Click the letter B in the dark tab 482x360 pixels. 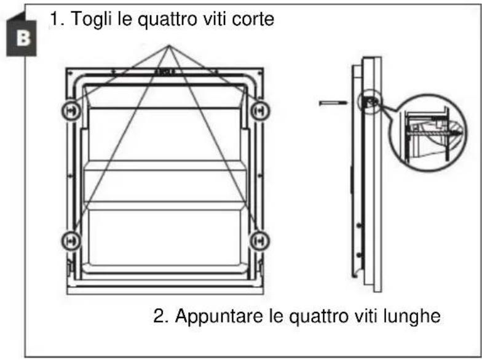coord(23,38)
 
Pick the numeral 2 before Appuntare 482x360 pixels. coord(159,316)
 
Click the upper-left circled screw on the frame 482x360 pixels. coord(71,111)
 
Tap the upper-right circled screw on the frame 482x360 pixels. coord(261,111)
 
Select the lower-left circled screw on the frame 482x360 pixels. coord(71,241)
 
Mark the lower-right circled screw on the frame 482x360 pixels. coord(259,241)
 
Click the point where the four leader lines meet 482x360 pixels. coord(168,46)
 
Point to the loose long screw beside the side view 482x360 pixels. coord(333,103)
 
